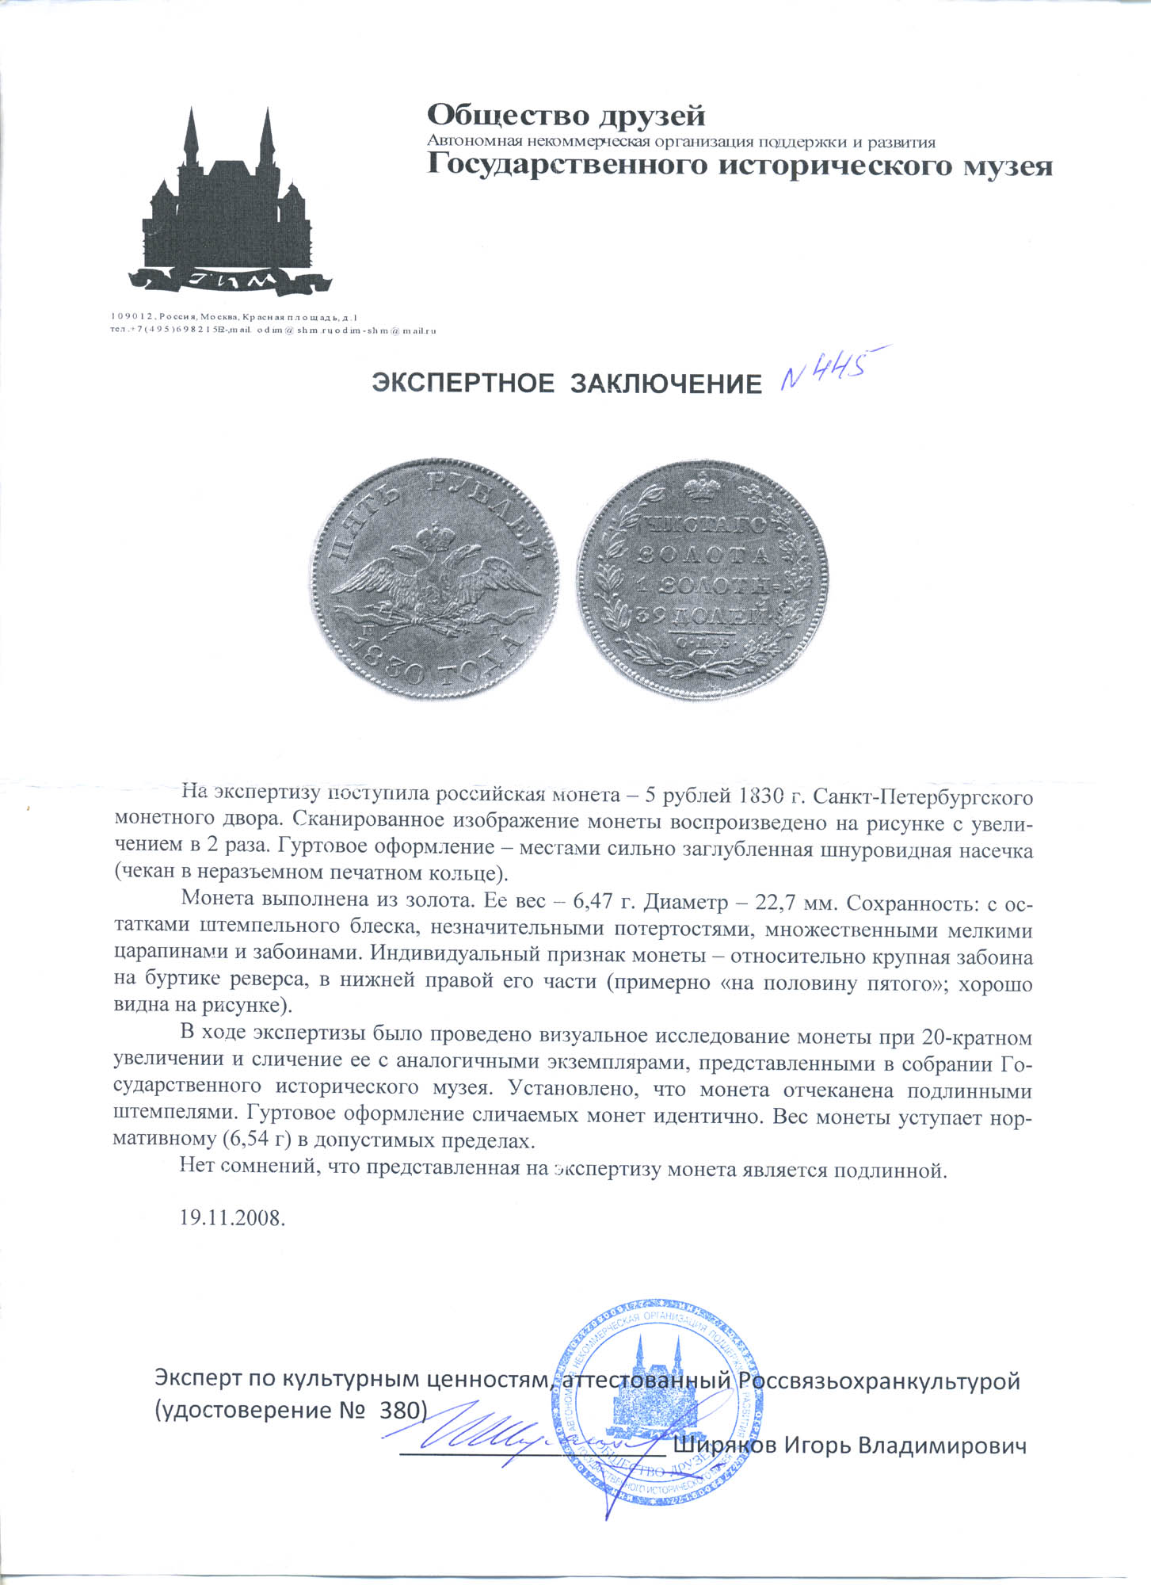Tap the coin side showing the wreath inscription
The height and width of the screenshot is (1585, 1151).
point(702,579)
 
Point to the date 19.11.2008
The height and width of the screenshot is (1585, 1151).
point(232,1218)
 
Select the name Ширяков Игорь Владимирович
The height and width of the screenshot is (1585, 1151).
point(850,1446)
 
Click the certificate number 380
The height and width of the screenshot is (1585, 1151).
point(402,1411)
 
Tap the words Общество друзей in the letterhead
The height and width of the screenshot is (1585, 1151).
point(566,116)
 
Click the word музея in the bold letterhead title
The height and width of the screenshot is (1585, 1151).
point(1006,166)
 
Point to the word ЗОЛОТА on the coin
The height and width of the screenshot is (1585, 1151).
point(702,554)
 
